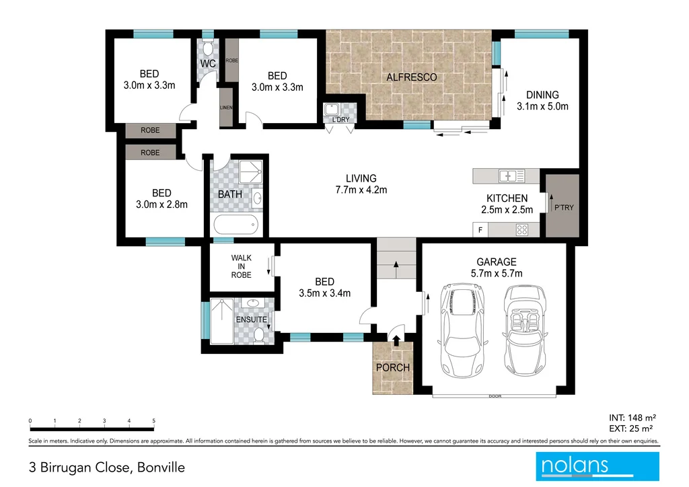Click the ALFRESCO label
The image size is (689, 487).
click(411, 77)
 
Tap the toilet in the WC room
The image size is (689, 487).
click(207, 48)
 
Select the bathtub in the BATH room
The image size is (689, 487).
click(235, 224)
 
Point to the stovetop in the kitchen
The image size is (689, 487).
click(521, 229)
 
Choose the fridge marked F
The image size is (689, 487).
click(480, 230)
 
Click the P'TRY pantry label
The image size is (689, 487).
click(562, 207)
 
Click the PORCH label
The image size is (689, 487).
click(393, 368)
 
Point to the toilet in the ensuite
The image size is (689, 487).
click(258, 334)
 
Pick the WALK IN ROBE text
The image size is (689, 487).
click(241, 266)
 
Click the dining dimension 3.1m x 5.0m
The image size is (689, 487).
click(542, 106)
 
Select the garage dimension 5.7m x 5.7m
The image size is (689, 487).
click(497, 273)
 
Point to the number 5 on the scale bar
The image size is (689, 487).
click(154, 421)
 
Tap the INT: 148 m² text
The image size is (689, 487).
click(632, 417)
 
